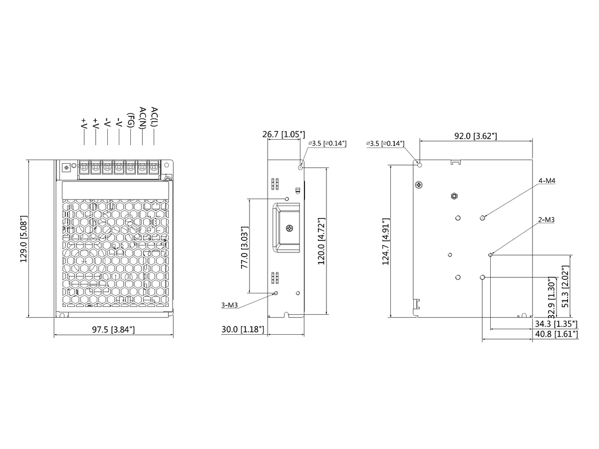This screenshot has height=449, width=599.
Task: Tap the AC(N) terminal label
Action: pyautogui.click(x=143, y=117)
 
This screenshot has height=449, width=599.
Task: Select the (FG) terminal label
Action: pyautogui.click(x=131, y=120)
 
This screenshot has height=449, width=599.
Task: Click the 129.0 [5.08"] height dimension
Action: pyautogui.click(x=24, y=239)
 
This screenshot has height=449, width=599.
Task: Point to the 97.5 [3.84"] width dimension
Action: pyautogui.click(x=113, y=330)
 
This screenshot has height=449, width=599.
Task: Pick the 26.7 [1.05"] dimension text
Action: pyautogui.click(x=284, y=134)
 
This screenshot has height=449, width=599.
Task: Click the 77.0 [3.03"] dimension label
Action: pyautogui.click(x=245, y=247)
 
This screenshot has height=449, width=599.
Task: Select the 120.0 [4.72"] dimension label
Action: pyautogui.click(x=321, y=241)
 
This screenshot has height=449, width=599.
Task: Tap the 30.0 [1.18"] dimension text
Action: pyautogui.click(x=243, y=329)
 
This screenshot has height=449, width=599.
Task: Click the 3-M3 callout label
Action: pyautogui.click(x=230, y=305)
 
